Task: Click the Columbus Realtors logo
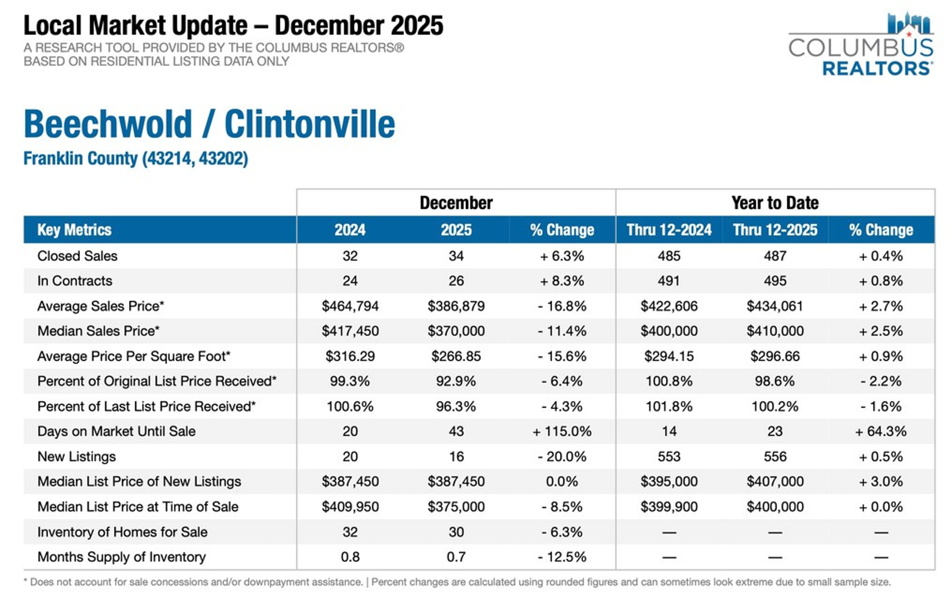[x=861, y=44]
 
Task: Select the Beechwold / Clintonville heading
[x=209, y=124]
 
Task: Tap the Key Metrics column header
[x=75, y=229]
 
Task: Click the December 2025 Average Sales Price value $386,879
[x=456, y=306]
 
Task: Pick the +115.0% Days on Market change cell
[x=562, y=431]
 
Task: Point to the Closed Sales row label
[x=78, y=256]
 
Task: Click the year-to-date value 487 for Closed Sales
[x=775, y=256]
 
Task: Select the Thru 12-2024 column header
[x=669, y=229]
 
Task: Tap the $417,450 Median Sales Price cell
[x=350, y=331]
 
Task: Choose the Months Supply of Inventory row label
[x=122, y=556]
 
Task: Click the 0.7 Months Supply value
[x=456, y=556]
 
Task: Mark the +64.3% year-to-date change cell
[x=881, y=431]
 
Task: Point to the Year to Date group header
[x=775, y=203]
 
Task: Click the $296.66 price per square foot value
[x=775, y=356]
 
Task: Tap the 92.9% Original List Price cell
[x=456, y=381]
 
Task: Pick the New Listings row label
[x=77, y=456]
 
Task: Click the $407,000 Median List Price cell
[x=775, y=481]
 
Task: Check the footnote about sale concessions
[x=457, y=582]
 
